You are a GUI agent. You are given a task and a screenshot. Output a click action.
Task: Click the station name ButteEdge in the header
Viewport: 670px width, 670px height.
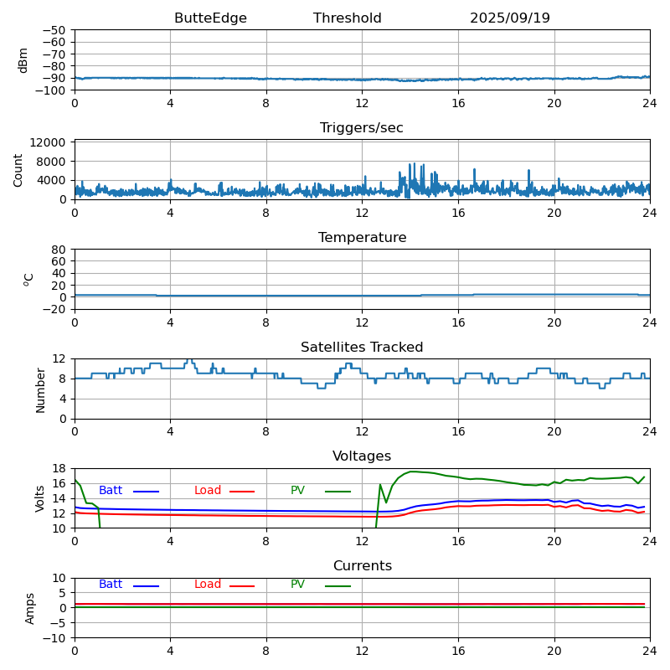210,18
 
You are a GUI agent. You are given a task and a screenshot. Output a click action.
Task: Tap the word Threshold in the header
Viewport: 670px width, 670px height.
347,18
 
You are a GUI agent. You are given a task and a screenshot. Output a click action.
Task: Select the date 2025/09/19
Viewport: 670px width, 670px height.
509,18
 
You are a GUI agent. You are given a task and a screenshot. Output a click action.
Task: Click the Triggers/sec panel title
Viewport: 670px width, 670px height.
362,128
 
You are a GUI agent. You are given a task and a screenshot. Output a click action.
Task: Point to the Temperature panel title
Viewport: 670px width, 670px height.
362,238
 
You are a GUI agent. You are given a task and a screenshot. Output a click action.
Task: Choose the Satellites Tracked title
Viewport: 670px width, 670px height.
362,348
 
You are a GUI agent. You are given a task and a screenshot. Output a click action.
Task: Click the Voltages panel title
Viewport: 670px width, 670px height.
362,456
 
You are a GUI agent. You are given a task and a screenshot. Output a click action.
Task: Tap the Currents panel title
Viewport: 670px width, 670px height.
362,566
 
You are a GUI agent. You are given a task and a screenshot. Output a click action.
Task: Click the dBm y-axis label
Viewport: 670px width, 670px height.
23,59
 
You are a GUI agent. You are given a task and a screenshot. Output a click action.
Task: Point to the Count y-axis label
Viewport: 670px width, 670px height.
18,169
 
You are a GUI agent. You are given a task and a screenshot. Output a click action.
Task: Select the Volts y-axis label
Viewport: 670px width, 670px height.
40,497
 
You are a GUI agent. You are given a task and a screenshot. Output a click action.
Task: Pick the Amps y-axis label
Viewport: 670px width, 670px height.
30,608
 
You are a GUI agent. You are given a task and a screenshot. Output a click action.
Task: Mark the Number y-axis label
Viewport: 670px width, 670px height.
40,389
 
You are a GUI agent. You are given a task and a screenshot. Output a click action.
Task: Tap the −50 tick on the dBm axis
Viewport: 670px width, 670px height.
55,30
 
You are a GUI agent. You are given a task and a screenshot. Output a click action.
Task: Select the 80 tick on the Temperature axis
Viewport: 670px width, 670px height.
59,250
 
